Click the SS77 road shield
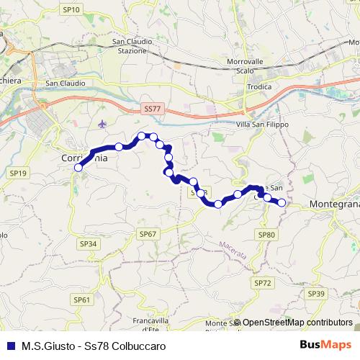click(150, 108)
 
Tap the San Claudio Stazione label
click(133, 46)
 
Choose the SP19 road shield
click(18, 174)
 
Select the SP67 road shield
click(148, 234)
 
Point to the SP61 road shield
click(83, 300)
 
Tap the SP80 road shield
click(267, 235)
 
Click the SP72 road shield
click(262, 283)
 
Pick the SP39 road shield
click(316, 294)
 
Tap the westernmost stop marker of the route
click(78, 168)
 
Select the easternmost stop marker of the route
click(282, 203)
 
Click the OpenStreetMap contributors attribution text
click(297, 323)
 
